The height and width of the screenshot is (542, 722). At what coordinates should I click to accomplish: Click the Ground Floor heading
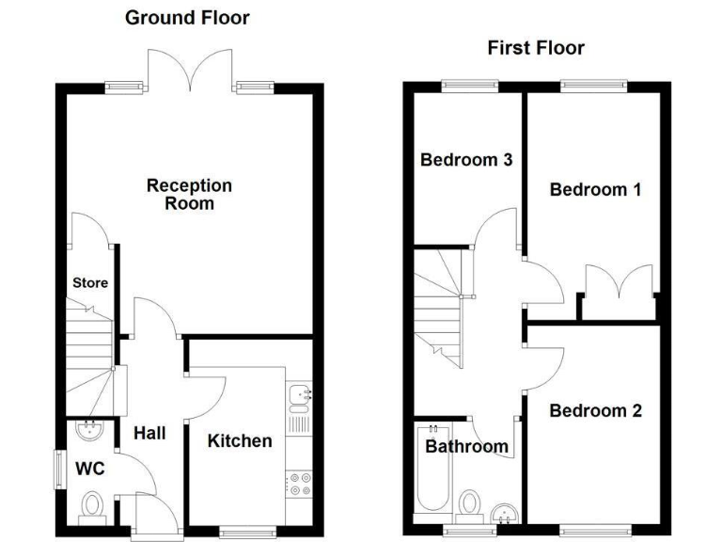[188, 17]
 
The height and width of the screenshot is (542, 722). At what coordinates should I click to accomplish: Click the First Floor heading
[536, 48]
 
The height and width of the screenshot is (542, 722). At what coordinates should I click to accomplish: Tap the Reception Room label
[189, 194]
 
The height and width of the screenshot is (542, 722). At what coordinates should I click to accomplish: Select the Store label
[90, 282]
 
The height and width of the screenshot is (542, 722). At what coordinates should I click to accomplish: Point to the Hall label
[149, 433]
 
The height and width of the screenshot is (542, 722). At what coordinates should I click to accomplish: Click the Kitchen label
[240, 440]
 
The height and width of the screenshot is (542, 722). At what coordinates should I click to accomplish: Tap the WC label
[90, 468]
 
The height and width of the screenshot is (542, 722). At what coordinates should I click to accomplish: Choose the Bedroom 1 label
[595, 189]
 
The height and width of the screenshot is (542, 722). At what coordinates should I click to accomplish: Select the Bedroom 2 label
[595, 411]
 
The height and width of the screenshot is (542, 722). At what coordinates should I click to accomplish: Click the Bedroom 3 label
[465, 159]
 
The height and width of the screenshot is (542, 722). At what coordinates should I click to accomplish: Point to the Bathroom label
[466, 446]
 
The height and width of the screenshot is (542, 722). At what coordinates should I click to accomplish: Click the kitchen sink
[300, 398]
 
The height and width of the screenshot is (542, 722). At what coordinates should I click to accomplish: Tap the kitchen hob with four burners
[300, 483]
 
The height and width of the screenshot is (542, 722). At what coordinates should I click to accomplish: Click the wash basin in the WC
[92, 430]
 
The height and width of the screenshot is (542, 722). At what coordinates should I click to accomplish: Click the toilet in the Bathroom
[470, 503]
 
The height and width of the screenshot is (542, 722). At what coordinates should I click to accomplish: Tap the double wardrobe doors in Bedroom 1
[619, 284]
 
